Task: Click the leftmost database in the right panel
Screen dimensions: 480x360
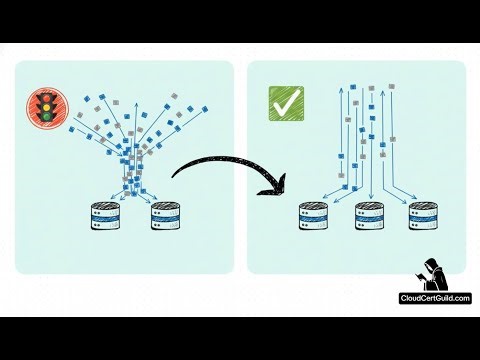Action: coord(315,218)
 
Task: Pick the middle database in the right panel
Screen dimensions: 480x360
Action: coord(371,218)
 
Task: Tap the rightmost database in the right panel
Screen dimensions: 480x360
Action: coord(424,218)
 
